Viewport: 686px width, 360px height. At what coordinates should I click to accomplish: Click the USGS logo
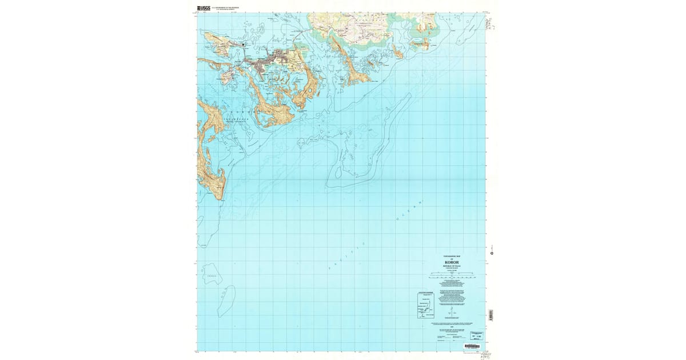[x=203, y=8]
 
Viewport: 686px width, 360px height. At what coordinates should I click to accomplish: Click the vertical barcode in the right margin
[x=490, y=315]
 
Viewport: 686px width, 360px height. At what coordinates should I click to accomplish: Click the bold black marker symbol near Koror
[x=244, y=45]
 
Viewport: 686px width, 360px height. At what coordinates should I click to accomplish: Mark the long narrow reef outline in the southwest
[x=226, y=301]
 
